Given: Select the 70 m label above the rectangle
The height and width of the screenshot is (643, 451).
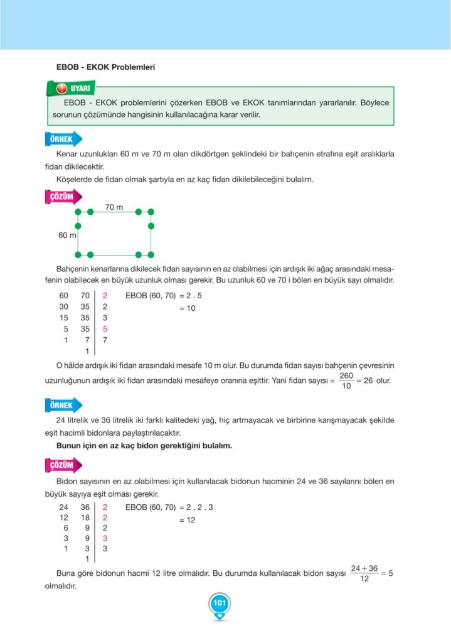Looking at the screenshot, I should click(x=114, y=207).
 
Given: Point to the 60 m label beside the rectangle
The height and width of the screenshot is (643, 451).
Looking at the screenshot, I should click(x=67, y=235).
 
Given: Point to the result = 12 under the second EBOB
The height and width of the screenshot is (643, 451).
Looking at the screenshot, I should click(x=188, y=520).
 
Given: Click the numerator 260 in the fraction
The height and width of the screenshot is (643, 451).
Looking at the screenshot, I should click(x=346, y=376).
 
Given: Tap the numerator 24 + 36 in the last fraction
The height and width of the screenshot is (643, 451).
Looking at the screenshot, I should click(x=364, y=568).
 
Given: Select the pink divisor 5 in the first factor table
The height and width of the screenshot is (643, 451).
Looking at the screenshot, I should click(x=105, y=328).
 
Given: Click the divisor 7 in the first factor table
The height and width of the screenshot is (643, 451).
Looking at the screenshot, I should click(x=105, y=340).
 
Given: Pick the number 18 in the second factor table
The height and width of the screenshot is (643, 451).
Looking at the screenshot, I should click(x=85, y=517).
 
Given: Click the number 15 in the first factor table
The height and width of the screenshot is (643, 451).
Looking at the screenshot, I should click(x=63, y=318).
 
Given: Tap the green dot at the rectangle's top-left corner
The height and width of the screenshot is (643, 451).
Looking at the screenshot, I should click(x=78, y=212).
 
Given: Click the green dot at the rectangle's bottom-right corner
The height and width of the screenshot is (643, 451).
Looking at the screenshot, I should click(x=151, y=254).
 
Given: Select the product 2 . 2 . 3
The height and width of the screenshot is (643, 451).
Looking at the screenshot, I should click(x=197, y=507).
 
